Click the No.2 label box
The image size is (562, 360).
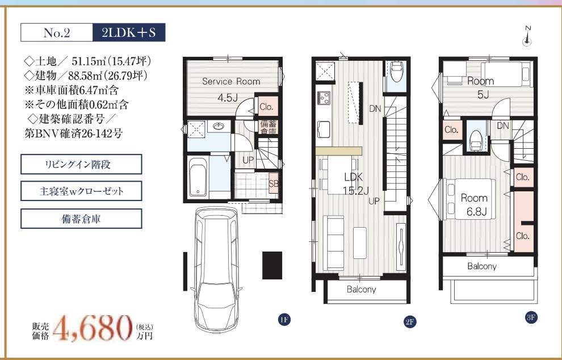coord(57,32)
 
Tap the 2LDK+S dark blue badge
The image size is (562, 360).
coord(129,32)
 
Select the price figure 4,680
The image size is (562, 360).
coord(93,328)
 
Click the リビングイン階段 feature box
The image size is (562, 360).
coord(81,164)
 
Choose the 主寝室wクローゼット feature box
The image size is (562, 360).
coord(81,191)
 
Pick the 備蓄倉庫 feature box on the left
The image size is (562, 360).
coord(81,219)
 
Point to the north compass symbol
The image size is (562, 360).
coord(527,36)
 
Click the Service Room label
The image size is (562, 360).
coord(231,81)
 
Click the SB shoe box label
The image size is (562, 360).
coord(274,183)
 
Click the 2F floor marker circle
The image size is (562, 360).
coord(410,321)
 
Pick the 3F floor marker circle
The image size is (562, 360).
coord(531,317)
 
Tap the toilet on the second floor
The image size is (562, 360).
coord(396,72)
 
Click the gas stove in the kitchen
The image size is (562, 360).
coord(324,98)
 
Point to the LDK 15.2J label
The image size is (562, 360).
coord(354,183)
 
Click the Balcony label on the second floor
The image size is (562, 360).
coord(361,290)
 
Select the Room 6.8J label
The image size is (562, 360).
coord(475,205)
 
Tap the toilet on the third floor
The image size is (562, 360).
coord(476,138)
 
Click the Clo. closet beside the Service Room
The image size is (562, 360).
coord(266,107)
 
